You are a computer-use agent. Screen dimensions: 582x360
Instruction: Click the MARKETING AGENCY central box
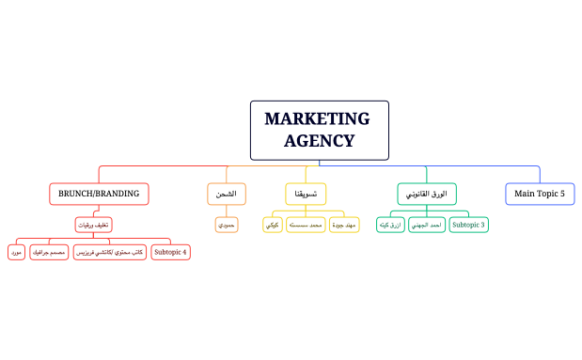tap(319, 130)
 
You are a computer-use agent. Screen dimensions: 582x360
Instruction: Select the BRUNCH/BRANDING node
tap(99, 194)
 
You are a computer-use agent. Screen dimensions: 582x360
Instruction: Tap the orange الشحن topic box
tap(226, 194)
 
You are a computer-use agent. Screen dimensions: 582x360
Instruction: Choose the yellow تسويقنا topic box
tap(306, 194)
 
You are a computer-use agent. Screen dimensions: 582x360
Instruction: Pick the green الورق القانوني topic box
tap(426, 194)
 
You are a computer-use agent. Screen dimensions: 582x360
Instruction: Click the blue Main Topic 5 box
tap(540, 194)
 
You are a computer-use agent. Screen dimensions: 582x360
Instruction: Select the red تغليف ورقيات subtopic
tap(93, 225)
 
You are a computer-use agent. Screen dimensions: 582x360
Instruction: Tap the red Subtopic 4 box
tap(170, 252)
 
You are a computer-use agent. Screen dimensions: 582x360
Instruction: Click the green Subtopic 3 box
tap(468, 225)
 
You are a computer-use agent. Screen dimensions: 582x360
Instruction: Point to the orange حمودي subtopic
tap(226, 225)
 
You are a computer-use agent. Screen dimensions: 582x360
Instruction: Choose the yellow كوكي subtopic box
tap(271, 225)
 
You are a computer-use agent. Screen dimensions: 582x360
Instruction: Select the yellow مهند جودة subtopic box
tap(344, 225)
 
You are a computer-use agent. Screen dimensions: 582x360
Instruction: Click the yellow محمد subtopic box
tap(305, 225)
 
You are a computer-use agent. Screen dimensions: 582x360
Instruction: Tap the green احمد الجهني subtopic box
tap(426, 225)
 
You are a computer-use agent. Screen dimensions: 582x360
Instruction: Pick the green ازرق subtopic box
tap(389, 225)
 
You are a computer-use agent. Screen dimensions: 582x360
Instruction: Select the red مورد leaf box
tap(16, 252)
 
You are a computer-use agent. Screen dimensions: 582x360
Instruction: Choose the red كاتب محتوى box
tap(109, 252)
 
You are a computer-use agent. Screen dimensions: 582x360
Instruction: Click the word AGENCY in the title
tap(319, 141)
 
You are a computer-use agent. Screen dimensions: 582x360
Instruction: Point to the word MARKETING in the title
tap(318, 118)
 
